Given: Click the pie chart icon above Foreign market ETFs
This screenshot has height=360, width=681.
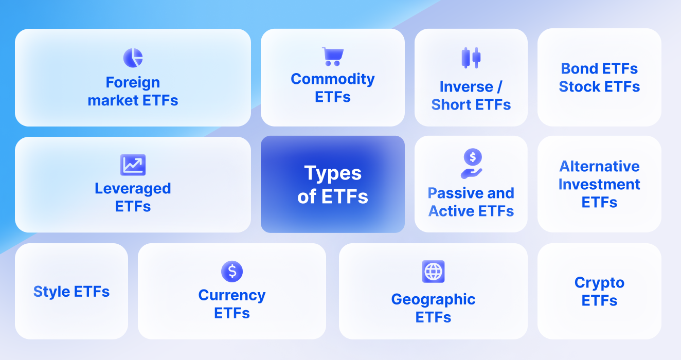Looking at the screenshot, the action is [x=133, y=58].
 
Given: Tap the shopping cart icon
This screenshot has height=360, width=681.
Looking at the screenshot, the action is [x=333, y=57].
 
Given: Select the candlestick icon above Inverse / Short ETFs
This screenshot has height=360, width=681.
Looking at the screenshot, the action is [x=471, y=58].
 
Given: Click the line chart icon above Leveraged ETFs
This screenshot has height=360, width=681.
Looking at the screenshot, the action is [x=133, y=165].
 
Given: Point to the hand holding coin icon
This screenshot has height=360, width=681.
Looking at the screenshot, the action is [x=472, y=164].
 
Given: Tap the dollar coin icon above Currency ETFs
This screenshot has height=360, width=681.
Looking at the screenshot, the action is [x=232, y=271].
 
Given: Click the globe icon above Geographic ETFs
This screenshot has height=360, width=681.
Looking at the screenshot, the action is [x=433, y=271].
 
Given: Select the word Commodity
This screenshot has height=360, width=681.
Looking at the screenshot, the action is [x=333, y=79].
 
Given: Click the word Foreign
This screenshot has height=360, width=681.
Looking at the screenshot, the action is [x=133, y=82].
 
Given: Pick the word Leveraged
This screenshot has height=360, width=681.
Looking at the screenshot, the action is [x=133, y=189].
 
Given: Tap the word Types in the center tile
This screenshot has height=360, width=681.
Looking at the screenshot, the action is [x=333, y=174].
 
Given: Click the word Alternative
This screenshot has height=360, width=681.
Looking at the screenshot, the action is [x=600, y=166].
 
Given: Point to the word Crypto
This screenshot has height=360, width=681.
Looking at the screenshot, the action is [x=600, y=283].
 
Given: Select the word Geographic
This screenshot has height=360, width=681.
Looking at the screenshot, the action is [x=433, y=300].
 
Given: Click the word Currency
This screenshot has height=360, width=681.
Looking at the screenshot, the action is [x=232, y=296].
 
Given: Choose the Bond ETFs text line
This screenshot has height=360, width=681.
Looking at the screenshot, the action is [x=599, y=68].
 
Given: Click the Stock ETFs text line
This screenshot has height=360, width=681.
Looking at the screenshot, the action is [x=599, y=86].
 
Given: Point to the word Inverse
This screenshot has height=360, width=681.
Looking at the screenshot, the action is [x=466, y=86].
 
